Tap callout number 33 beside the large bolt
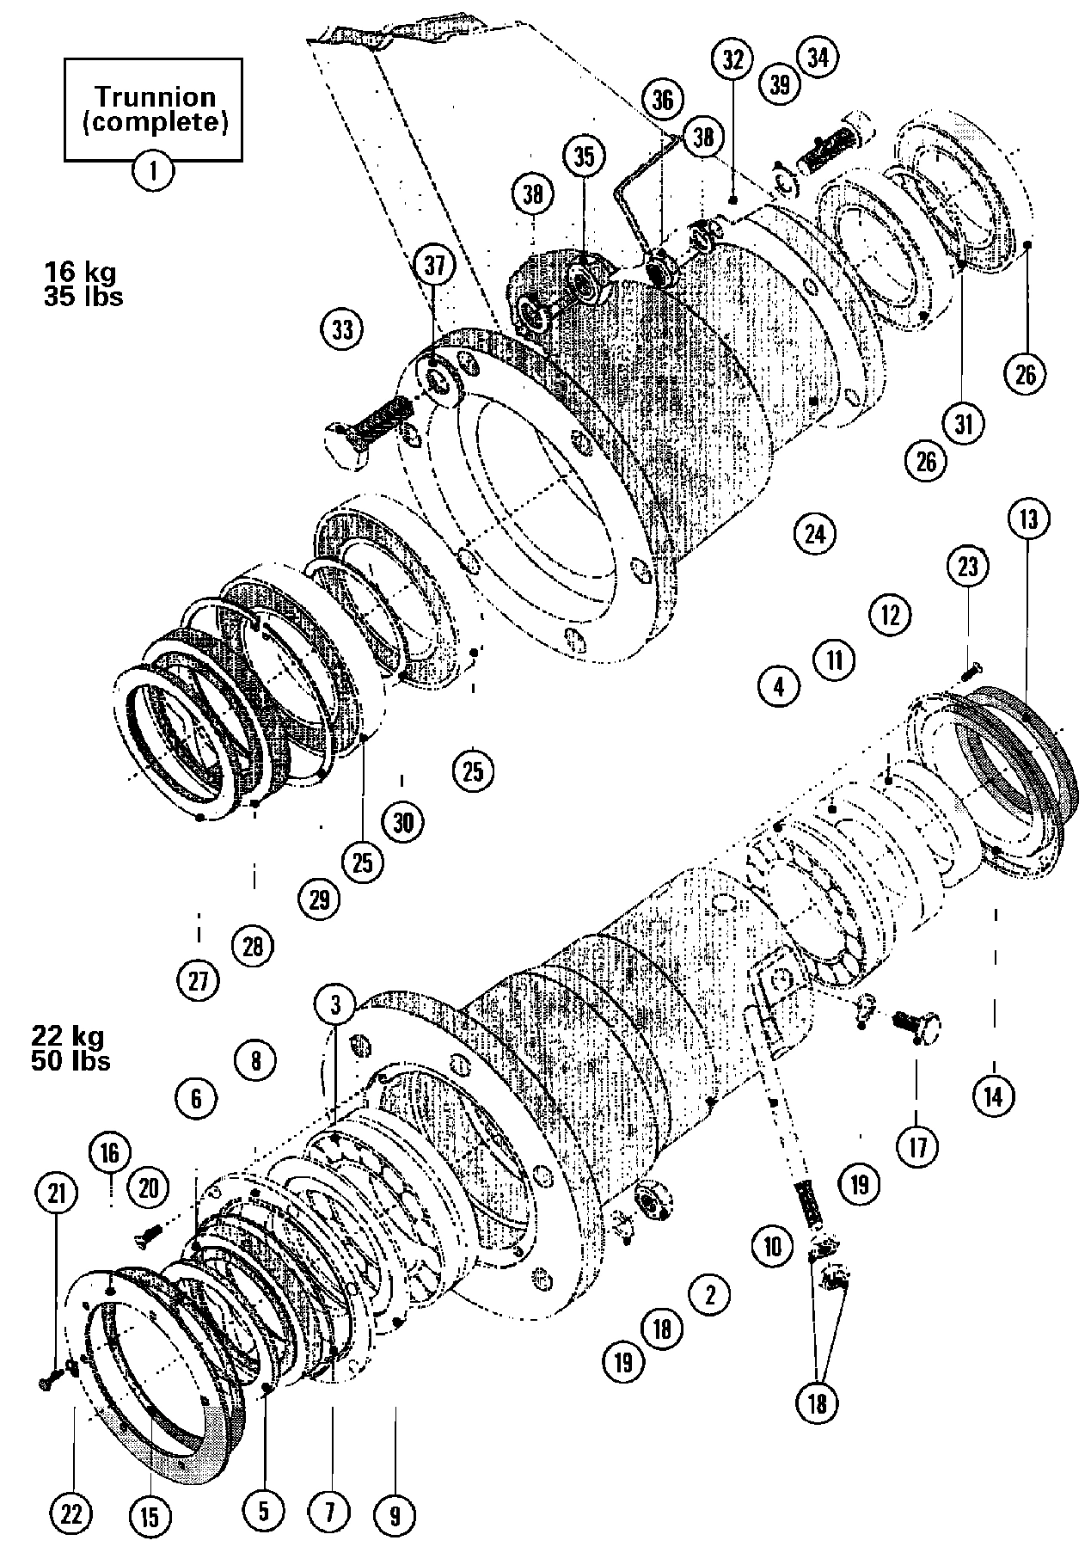click(342, 329)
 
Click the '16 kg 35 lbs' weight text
click(83, 284)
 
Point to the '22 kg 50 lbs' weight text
click(71, 1047)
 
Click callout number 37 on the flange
click(436, 266)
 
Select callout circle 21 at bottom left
click(57, 1194)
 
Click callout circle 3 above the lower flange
click(335, 1004)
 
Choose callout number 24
click(814, 534)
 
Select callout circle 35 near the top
click(584, 157)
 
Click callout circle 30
click(403, 823)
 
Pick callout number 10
click(772, 1246)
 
